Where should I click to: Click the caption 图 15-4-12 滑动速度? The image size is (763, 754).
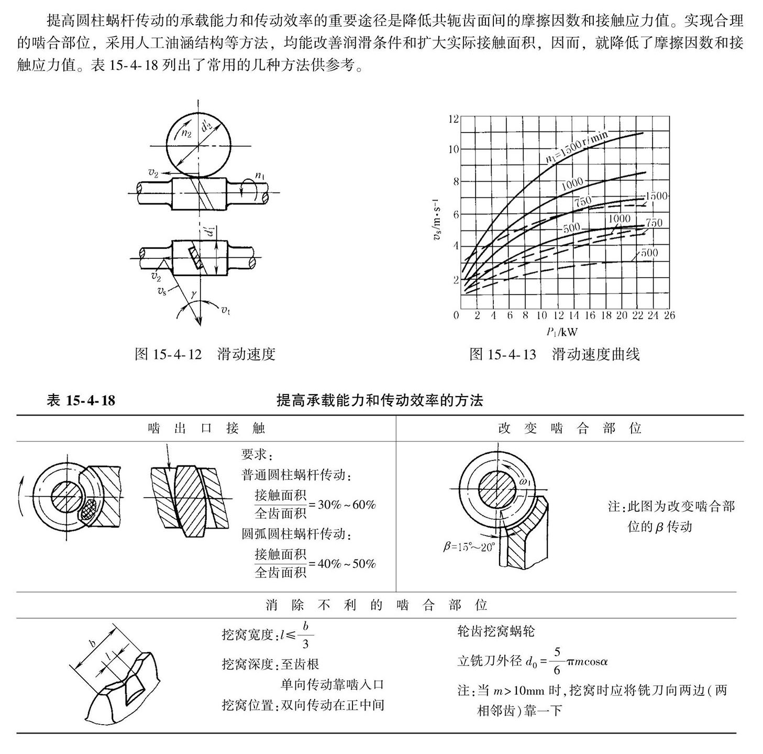pos(205,354)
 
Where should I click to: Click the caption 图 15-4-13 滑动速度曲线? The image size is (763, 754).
pos(555,355)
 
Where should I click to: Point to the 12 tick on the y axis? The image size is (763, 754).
pos(454,119)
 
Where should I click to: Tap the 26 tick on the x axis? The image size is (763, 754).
pos(669,315)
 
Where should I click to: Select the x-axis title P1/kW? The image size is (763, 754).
pos(561,332)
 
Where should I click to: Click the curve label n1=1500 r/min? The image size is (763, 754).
pos(579,148)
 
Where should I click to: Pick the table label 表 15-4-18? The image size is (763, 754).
pos(81,401)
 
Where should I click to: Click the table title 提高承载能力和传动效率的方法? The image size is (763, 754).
pos(380,401)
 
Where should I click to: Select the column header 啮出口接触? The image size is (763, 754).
pos(206,429)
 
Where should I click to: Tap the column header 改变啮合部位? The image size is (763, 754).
pos(569,429)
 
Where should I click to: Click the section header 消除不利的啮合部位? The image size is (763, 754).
pos(377,606)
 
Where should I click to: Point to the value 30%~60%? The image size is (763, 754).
pos(347,505)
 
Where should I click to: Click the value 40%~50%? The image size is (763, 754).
pos(347,564)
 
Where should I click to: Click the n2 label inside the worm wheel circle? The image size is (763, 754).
pos(186,133)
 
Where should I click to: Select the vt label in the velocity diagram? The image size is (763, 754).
pos(225,310)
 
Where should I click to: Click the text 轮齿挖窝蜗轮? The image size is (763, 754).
pos(495,631)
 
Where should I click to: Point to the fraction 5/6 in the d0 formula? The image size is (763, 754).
pos(557,661)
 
